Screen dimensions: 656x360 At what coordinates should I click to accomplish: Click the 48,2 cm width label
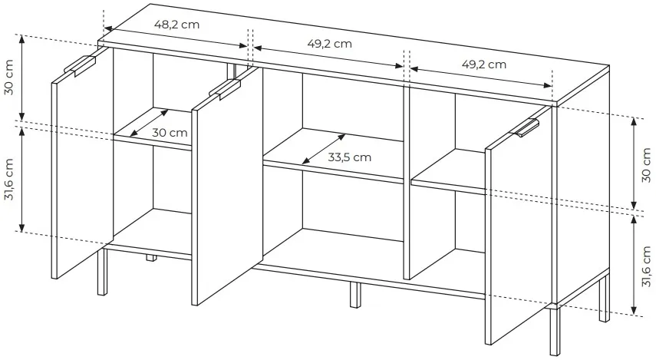pos(177,25)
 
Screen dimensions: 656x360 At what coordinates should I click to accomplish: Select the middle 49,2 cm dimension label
pos(329,43)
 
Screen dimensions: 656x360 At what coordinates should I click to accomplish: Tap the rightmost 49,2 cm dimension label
pos(483,64)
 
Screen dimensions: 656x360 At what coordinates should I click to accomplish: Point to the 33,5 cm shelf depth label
pos(349,157)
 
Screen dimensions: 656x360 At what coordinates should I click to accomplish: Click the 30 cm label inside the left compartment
pos(170,133)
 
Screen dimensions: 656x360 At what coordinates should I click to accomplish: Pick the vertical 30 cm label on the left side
pos(8,77)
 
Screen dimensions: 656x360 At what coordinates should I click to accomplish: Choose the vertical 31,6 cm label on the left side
pos(8,179)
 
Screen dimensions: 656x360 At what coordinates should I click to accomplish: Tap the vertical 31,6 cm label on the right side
pos(646,266)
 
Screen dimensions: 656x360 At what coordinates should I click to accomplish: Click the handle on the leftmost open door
pos(80,66)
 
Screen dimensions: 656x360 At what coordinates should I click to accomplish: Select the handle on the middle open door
pos(225,89)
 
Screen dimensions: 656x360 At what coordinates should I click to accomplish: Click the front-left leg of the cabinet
pos(102,272)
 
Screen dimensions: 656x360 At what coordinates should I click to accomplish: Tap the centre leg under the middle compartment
pos(354,295)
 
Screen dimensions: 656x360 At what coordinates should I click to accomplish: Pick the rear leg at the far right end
pos(604,298)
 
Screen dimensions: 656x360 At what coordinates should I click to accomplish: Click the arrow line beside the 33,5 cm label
pos(324,149)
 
